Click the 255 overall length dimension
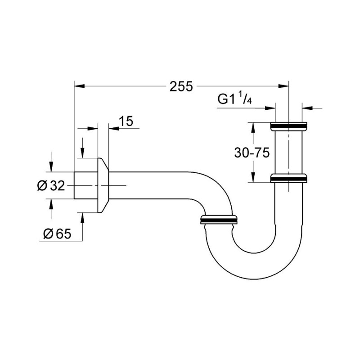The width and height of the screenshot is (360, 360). (181, 86)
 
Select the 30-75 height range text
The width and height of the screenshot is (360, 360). (252, 153)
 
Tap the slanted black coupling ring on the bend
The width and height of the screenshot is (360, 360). (219, 220)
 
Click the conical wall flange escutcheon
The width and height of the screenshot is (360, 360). (103, 185)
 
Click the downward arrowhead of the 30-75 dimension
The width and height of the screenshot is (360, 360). (253, 178)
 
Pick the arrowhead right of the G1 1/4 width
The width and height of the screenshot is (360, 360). (306, 108)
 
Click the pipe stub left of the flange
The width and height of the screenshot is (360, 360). (85, 185)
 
